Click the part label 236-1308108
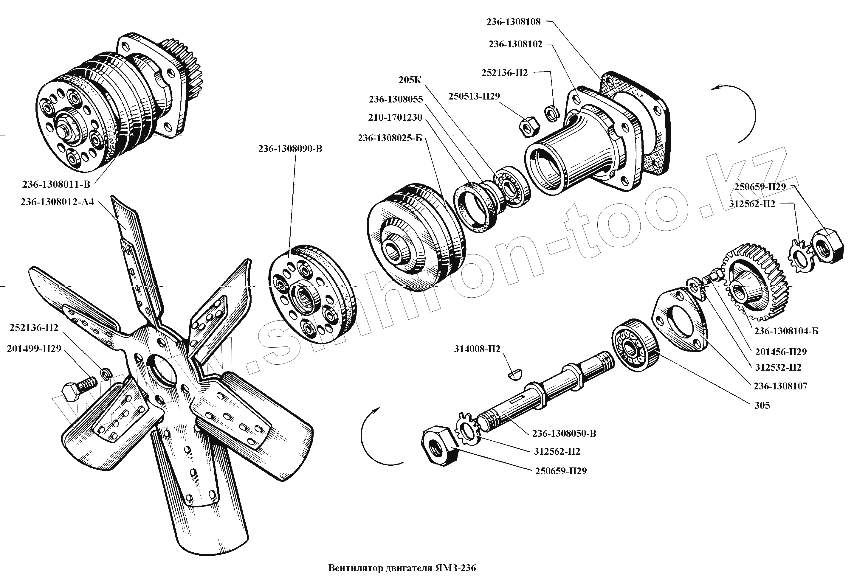[513, 22]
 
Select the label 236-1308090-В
[290, 149]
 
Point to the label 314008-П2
[477, 349]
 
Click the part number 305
[762, 405]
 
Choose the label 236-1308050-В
[564, 433]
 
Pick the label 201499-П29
[34, 349]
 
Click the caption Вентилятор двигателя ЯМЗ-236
[402, 568]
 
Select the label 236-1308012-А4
[57, 202]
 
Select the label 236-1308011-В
[56, 184]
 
